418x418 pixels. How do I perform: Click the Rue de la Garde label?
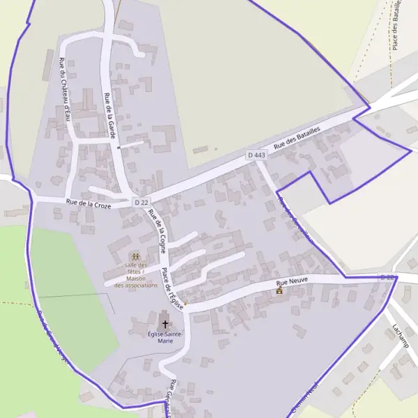coord(109,114)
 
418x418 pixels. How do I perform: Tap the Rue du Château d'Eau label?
coord(64,89)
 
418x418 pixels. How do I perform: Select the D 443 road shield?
coord(256,155)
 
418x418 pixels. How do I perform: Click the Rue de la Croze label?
coord(88,203)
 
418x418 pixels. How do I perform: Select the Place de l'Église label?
coord(173,288)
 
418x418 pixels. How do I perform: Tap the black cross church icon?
coord(165,323)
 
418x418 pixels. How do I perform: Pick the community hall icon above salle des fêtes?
coord(135,257)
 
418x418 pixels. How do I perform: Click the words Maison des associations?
coord(136,281)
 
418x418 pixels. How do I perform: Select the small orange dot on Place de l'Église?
coord(185,304)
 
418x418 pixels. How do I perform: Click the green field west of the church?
coord(66,300)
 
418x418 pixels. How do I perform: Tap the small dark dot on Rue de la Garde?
coord(119,148)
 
